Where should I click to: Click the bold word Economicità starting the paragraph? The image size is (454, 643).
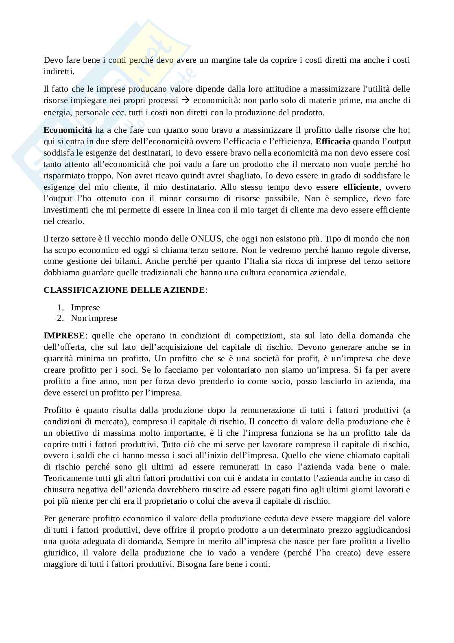tap(68, 130)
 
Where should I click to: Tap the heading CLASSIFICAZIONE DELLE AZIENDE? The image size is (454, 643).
tap(124, 290)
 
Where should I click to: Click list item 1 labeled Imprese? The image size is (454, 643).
tap(85, 307)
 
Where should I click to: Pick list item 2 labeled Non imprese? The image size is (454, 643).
tap(94, 318)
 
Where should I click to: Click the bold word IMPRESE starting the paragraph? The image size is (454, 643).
tap(64, 336)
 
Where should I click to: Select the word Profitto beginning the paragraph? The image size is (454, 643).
tap(57, 410)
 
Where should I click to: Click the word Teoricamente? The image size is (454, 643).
tap(65, 478)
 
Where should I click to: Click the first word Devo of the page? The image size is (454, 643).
tap(52, 60)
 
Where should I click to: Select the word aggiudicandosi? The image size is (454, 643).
tap(383, 530)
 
